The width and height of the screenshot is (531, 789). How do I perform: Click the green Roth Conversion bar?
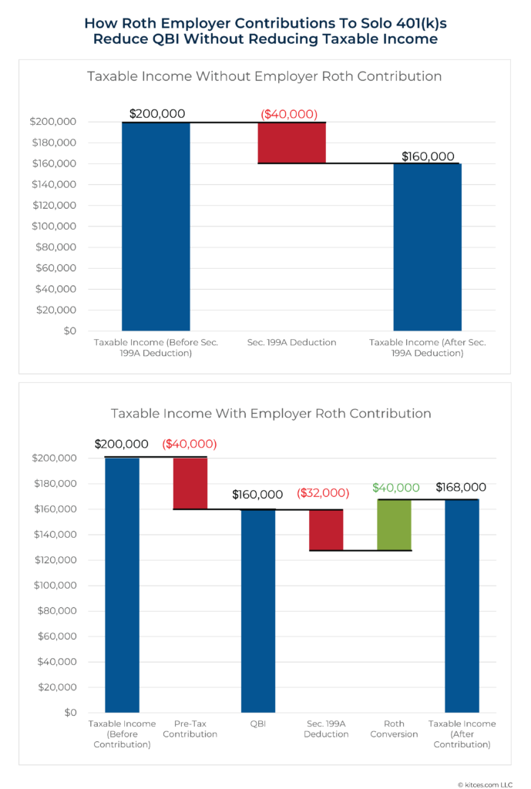coord(394,525)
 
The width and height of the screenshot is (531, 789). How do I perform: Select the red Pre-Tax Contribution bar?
coord(190,483)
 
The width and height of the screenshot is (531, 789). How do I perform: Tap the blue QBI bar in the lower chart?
coord(258,610)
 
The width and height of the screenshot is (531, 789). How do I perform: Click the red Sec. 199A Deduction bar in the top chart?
coord(291,143)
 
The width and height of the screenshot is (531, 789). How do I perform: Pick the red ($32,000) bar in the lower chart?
coord(326,529)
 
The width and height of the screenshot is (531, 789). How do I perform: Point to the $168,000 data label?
coord(461,487)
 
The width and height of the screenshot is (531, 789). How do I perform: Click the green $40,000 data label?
coord(395,488)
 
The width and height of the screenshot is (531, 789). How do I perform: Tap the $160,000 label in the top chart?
coord(428,156)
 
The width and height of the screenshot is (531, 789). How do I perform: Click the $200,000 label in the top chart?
coord(156,113)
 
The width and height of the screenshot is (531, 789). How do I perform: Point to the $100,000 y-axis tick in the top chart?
coord(52,227)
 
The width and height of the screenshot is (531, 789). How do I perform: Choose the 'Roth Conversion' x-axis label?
coord(394,729)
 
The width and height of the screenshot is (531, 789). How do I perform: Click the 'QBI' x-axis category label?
coord(258,724)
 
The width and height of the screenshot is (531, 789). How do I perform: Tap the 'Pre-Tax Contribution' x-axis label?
coord(190,729)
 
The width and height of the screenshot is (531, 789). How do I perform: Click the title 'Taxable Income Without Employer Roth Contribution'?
coord(264,76)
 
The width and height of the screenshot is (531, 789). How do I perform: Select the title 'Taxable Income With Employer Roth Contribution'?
coord(264,413)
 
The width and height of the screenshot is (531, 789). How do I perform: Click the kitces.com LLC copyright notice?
coord(484,781)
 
